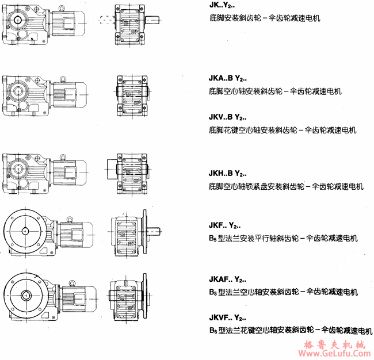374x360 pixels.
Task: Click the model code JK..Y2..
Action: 224,6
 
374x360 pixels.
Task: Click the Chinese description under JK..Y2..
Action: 265,19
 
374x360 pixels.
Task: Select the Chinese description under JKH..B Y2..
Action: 286,186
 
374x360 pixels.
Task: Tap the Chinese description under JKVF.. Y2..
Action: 291,331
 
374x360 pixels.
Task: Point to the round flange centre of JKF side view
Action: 25,231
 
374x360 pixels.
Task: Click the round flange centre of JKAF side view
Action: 25,295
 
